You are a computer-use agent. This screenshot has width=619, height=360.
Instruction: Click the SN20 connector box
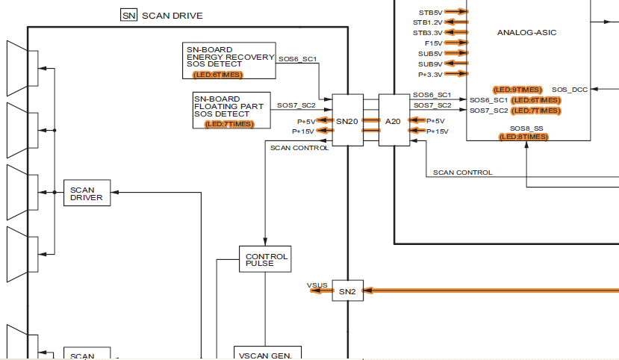(x=347, y=120)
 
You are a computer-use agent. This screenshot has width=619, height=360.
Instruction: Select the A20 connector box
(x=394, y=120)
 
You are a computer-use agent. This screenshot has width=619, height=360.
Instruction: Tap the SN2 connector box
(x=347, y=291)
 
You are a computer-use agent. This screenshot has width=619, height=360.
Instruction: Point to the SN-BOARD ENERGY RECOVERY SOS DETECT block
(x=230, y=60)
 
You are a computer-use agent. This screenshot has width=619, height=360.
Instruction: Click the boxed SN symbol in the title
(x=128, y=15)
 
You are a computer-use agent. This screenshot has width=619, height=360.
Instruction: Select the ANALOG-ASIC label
(x=526, y=33)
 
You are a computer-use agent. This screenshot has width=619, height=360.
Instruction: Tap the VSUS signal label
(x=317, y=285)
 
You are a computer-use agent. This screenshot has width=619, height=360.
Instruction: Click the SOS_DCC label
(x=570, y=90)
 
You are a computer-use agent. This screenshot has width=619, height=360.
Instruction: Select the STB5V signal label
(x=430, y=12)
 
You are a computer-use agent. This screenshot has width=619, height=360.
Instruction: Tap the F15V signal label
(x=432, y=43)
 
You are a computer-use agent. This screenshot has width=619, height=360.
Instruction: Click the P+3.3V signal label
(x=429, y=74)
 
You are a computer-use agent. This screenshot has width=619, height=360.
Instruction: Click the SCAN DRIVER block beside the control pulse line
(x=87, y=194)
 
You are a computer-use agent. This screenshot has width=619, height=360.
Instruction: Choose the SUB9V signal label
(x=430, y=64)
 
